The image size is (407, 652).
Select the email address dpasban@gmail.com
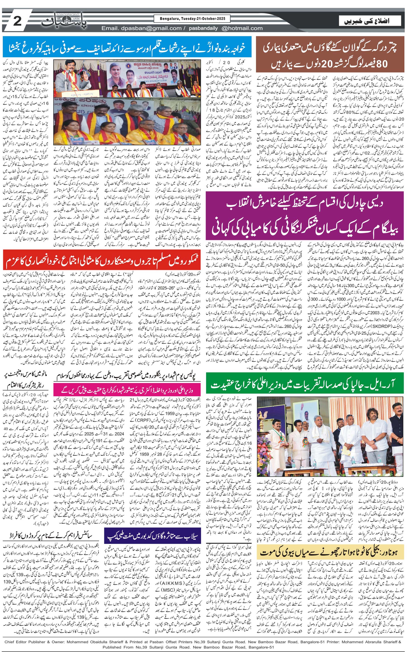(x=142, y=28)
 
